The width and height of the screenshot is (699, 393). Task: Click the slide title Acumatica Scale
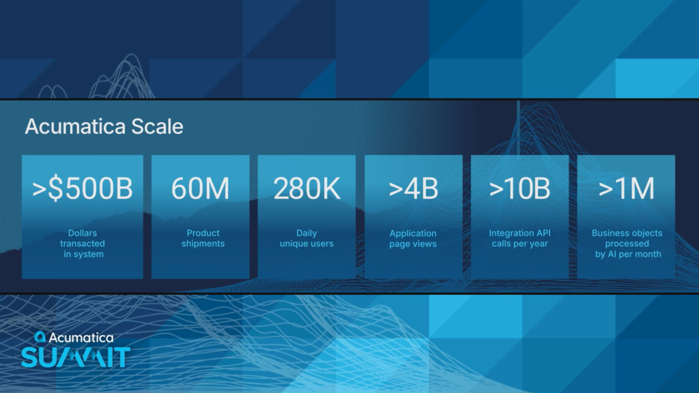point(104,126)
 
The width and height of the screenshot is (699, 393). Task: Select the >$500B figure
point(83,188)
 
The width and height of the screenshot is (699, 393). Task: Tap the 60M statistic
point(200,188)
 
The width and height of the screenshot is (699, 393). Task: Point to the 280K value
point(306,188)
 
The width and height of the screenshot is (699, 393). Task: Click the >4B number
point(413,188)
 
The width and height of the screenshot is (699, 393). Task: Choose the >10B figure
point(519,188)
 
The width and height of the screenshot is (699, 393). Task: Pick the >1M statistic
point(627,188)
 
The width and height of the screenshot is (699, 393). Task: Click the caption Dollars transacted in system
point(83,244)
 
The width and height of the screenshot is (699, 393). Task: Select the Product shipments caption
point(203,238)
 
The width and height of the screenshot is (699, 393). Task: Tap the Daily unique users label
point(306,238)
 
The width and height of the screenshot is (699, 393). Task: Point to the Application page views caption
point(413,238)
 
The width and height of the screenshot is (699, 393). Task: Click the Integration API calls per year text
point(519,238)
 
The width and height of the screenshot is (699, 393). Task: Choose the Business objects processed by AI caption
point(627,244)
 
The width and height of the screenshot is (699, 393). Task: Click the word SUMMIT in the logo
point(76,358)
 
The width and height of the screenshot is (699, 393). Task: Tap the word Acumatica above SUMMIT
point(81,338)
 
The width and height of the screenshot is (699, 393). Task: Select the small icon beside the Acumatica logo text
point(40,336)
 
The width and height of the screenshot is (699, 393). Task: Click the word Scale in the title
point(157,126)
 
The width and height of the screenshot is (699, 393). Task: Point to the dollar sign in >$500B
point(55,188)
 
